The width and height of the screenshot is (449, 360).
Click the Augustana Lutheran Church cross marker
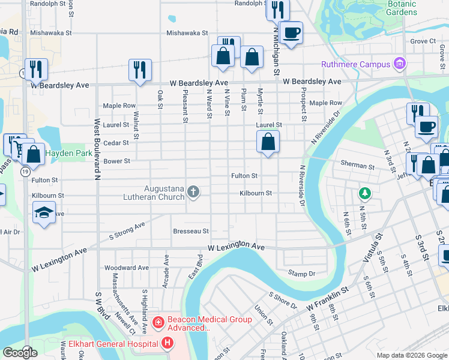193,192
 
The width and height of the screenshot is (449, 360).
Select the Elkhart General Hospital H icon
167,343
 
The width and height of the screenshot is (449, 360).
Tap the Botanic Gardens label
402,8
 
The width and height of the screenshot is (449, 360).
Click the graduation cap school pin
44,213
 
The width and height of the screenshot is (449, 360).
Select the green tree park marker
363,193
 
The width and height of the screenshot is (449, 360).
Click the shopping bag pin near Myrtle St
268,143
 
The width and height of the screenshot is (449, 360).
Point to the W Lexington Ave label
237,247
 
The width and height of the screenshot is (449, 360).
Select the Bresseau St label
190,231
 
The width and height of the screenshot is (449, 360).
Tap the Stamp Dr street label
301,274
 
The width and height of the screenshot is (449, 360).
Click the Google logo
20,353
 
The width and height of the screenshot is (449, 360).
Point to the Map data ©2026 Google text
411,355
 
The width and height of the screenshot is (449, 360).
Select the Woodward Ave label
126,268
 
